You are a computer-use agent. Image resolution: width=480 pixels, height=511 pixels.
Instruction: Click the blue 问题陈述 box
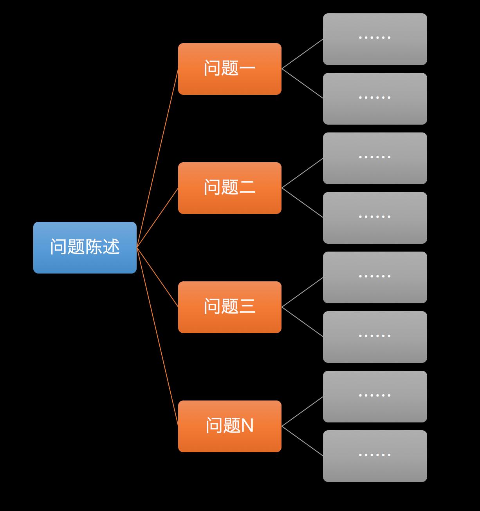pos(85,247)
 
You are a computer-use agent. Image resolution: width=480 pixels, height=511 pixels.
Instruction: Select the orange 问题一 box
pos(230,69)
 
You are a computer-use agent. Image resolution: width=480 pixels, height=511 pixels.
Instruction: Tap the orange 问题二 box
pos(230,188)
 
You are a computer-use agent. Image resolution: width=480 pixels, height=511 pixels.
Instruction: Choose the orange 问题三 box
pos(230,307)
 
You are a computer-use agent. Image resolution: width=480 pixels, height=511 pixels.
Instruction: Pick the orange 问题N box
pos(230,426)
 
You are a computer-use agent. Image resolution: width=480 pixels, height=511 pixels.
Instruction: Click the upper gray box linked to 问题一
pos(375,39)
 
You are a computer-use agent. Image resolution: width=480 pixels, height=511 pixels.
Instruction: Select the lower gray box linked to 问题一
pos(375,99)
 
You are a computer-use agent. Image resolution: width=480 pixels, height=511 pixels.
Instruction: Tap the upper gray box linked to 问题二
pos(375,158)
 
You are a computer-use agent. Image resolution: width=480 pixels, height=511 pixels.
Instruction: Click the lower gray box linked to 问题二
pos(375,218)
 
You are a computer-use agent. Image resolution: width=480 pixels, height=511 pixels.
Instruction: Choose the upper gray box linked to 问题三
pos(375,277)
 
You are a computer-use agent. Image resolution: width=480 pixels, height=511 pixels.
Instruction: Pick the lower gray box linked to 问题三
pos(375,337)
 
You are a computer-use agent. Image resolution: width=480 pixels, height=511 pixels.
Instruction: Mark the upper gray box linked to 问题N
pos(375,397)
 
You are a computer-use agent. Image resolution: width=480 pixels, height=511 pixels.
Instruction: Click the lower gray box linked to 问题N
pos(375,456)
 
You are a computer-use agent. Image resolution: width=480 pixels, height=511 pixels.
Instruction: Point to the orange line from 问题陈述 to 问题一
pos(157,158)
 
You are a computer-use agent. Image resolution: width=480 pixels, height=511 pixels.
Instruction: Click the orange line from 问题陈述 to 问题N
pos(157,337)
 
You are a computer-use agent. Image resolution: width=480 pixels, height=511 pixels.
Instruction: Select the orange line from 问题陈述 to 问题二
pos(157,217)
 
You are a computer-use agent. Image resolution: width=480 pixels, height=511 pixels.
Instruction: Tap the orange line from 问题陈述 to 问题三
pos(157,277)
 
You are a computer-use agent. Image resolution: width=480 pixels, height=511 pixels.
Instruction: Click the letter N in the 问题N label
pos(247,426)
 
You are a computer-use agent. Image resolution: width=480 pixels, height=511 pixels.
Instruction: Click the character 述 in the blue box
pos(111,247)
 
